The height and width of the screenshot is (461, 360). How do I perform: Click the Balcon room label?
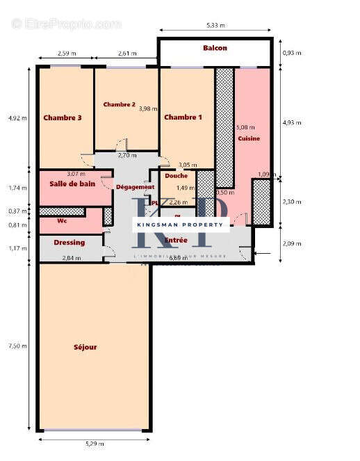coord(215,48)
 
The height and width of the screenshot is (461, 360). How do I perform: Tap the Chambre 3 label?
coord(63,118)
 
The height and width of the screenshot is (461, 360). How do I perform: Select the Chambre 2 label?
coord(119,104)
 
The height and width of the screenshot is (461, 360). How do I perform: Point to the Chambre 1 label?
coord(183,118)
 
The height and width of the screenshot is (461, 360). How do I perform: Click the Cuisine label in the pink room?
coord(249,138)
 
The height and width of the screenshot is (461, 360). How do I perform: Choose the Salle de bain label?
coord(72,184)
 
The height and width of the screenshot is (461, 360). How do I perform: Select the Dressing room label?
coord(69,243)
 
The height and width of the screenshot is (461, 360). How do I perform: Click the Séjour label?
coord(85,347)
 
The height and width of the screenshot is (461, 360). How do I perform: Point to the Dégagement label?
coord(135,187)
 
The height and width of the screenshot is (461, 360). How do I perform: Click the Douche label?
coord(177,176)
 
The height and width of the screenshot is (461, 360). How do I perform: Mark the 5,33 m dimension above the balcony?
coord(215,26)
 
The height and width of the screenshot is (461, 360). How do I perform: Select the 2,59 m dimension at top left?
coord(65,54)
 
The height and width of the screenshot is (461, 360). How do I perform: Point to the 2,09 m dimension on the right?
coord(292,244)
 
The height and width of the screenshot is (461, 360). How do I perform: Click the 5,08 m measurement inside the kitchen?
coord(245,128)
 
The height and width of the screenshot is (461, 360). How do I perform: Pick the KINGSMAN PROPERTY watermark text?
coord(180,225)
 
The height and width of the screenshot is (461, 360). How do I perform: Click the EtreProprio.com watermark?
coord(66,24)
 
